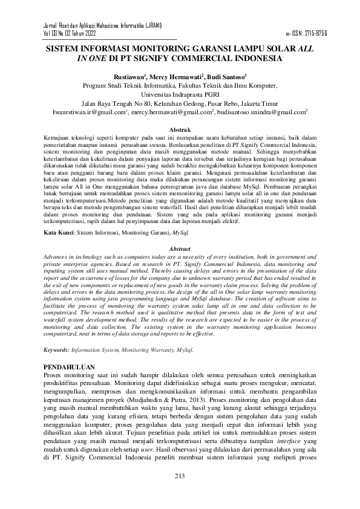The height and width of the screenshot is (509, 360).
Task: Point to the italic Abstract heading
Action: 180,248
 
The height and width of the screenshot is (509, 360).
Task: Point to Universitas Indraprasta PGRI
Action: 179,95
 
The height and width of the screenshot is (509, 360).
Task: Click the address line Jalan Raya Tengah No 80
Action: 179,103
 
